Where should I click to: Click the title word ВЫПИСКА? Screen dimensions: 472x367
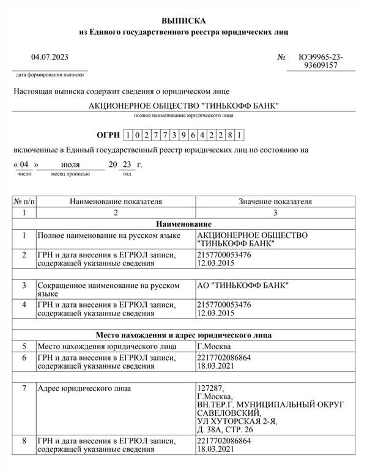184,21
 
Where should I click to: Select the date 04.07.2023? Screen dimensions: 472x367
50,57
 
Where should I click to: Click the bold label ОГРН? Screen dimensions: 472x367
108,135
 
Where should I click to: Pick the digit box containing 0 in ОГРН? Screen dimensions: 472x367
136,135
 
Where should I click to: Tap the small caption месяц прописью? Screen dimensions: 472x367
70,174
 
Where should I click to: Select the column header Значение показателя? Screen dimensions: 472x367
275,201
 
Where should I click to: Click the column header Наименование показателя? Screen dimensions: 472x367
115,201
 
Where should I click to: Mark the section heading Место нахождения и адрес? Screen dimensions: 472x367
183,335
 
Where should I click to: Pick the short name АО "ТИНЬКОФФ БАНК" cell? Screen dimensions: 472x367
243,285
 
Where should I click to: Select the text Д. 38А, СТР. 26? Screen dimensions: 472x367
226,430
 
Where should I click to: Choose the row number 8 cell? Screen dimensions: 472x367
24,440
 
